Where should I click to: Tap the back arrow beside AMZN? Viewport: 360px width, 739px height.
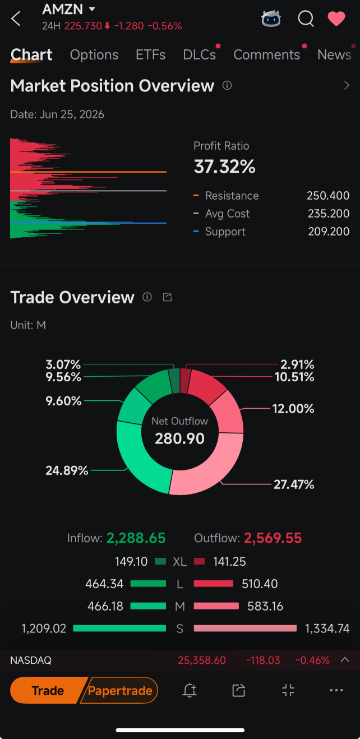coord(16,19)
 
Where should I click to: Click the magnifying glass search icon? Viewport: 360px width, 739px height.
coord(306,19)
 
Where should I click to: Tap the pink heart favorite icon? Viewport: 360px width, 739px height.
coord(336,19)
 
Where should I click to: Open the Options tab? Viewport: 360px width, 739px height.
coord(94,55)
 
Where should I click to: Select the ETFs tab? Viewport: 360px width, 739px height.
coord(150,55)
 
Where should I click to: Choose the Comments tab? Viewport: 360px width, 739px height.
coord(266,55)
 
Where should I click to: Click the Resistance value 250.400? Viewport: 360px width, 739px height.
coord(328,196)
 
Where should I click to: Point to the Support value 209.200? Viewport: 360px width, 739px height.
coord(329,232)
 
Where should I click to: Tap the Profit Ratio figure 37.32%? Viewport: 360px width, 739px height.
coord(225,167)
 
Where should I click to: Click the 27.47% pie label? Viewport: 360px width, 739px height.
coord(294,484)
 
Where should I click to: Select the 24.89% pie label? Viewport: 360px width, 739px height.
coord(67,470)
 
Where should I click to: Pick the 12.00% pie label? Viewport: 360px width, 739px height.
coord(293,409)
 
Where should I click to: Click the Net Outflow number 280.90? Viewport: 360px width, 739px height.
coord(180,438)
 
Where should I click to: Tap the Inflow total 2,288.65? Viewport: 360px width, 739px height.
coord(136,538)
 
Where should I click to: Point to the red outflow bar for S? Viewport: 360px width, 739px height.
coord(245,629)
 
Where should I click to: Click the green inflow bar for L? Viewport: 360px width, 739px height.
coord(148,584)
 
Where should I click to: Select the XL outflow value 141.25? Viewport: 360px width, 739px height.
coord(229,561)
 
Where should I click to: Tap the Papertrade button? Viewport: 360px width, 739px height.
coord(120,691)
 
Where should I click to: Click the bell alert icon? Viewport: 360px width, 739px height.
coord(190,690)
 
